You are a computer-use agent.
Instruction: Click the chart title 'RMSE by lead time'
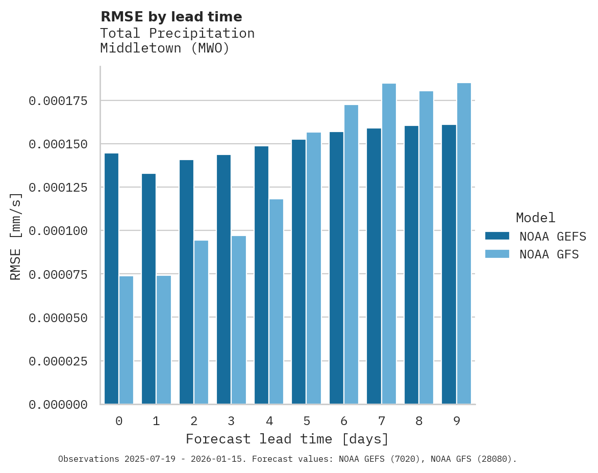tap(171, 17)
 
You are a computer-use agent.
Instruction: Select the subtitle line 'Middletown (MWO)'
tap(164, 48)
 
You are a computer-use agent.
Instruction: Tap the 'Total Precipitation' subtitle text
tap(177, 33)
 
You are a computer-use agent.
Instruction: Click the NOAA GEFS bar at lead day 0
tap(111, 279)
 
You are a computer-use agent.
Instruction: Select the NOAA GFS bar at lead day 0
tap(126, 340)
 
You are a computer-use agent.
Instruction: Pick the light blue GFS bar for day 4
tap(276, 302)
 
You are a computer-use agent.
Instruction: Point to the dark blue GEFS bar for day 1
tap(148, 289)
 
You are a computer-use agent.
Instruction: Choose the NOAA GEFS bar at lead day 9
tap(449, 265)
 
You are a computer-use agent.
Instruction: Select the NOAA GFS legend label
tap(549, 254)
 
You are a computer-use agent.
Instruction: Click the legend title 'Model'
tap(535, 218)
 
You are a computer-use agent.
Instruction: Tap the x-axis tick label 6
tap(344, 421)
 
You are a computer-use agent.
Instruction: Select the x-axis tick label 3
tap(231, 421)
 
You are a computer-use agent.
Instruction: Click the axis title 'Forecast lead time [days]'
tap(287, 439)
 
